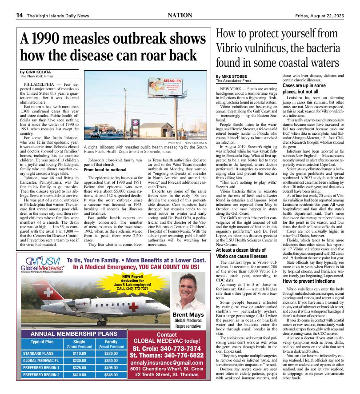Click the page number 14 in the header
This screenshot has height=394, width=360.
(x=20, y=16)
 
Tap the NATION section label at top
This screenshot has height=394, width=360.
(x=180, y=16)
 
